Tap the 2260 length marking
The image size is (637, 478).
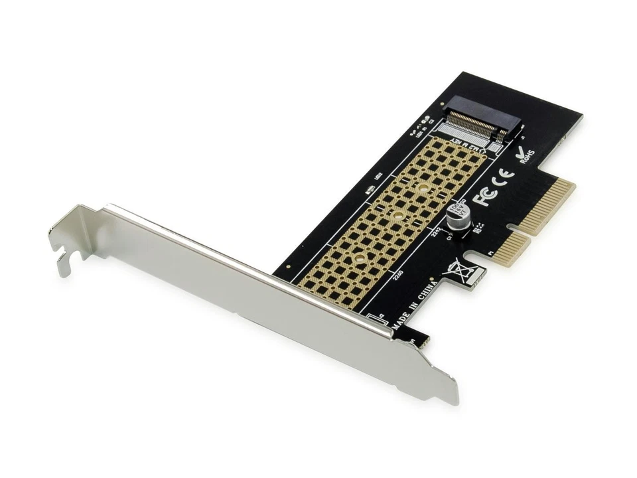pyautogui.click(x=399, y=274)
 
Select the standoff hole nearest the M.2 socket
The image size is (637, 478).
pyautogui.click(x=422, y=188)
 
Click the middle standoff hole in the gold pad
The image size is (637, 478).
pyautogui.click(x=394, y=216)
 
